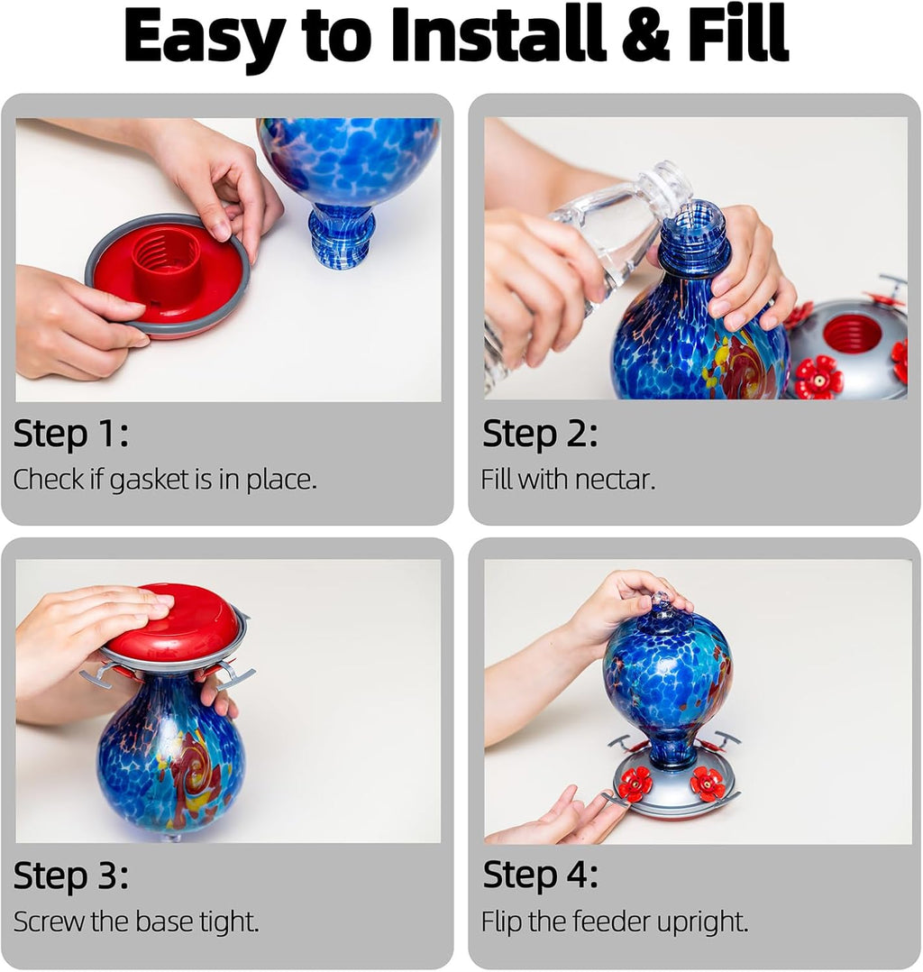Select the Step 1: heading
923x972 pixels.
[x=70, y=435]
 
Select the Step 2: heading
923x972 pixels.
[x=539, y=435]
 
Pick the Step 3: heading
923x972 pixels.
[x=70, y=876]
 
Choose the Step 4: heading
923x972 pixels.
[x=539, y=876]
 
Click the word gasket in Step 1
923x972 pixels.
[x=151, y=481]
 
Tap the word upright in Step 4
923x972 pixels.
[x=703, y=922]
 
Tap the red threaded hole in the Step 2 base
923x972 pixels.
[x=852, y=334]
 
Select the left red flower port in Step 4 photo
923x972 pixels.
[x=635, y=784]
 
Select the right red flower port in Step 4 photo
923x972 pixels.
[x=708, y=784]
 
